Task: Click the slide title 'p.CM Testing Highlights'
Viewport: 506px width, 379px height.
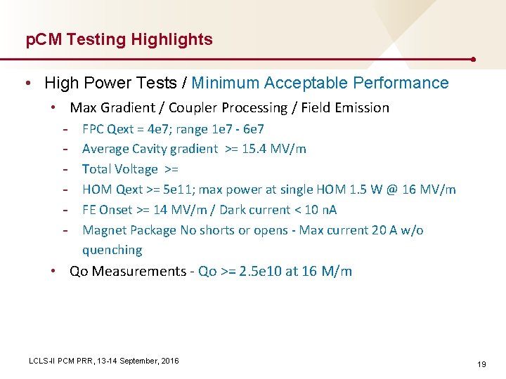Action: (x=119, y=40)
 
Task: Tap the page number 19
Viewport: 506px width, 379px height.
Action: (x=481, y=364)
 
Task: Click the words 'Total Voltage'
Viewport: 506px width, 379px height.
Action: (x=119, y=169)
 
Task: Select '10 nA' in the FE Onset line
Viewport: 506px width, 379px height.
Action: (x=321, y=210)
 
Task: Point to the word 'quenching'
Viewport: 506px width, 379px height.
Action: (x=112, y=250)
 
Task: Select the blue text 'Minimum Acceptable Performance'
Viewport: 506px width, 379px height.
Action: (x=320, y=83)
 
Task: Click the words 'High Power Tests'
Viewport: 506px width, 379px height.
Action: (x=111, y=83)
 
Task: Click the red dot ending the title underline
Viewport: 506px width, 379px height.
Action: (x=476, y=60)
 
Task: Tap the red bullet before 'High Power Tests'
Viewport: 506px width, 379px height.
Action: (x=27, y=84)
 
